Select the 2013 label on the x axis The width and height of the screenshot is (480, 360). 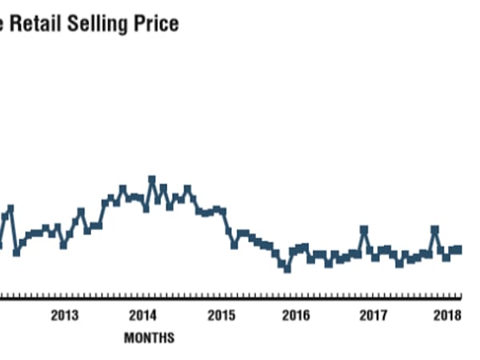pyautogui.click(x=65, y=314)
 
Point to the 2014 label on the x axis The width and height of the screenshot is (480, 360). pyautogui.click(x=143, y=314)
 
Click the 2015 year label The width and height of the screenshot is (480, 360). pyautogui.click(x=221, y=314)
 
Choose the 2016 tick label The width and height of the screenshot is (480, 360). pyautogui.click(x=297, y=314)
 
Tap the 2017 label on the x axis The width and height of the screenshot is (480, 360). pyautogui.click(x=374, y=314)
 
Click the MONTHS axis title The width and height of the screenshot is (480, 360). pyautogui.click(x=149, y=338)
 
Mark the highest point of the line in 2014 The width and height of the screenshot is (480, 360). pyautogui.click(x=152, y=179)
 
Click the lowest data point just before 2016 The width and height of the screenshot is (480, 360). pyautogui.click(x=286, y=269)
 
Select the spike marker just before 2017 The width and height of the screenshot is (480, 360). pyautogui.click(x=364, y=230)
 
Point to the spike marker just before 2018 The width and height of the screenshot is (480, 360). pyautogui.click(x=435, y=229)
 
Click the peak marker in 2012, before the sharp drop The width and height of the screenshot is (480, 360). pyautogui.click(x=10, y=208)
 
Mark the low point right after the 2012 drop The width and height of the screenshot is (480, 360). pyautogui.click(x=16, y=252)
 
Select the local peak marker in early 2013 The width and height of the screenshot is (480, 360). pyautogui.click(x=81, y=211)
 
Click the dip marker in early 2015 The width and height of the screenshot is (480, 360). pyautogui.click(x=234, y=245)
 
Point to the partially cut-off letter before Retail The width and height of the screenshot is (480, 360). pyautogui.click(x=4, y=24)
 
